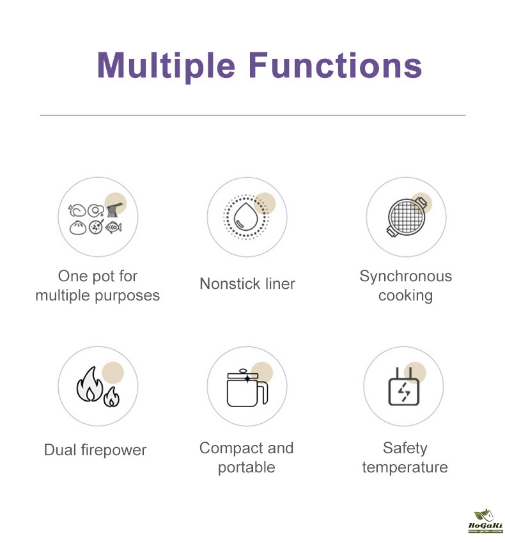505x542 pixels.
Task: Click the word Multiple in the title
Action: pos(166,66)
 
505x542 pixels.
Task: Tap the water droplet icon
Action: pos(245,217)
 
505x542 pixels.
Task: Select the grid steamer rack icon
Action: pos(407,217)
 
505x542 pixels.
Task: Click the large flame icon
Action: pos(89,384)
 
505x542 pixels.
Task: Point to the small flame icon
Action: pos(111,397)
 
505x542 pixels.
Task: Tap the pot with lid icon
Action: pos(247,388)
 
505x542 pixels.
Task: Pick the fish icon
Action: pos(113,227)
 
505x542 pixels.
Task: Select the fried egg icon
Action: pos(96,210)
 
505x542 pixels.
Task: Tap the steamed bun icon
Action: pos(78,228)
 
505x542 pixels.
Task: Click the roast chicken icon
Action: pos(77,210)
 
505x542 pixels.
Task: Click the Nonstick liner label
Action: pos(247,284)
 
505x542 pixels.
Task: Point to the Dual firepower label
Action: pos(95,450)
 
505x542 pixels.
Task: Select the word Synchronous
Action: pos(406,277)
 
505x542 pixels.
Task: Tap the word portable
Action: pos(247,468)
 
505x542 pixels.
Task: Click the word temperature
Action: pos(405,467)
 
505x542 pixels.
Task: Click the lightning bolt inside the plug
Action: pos(404,392)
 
